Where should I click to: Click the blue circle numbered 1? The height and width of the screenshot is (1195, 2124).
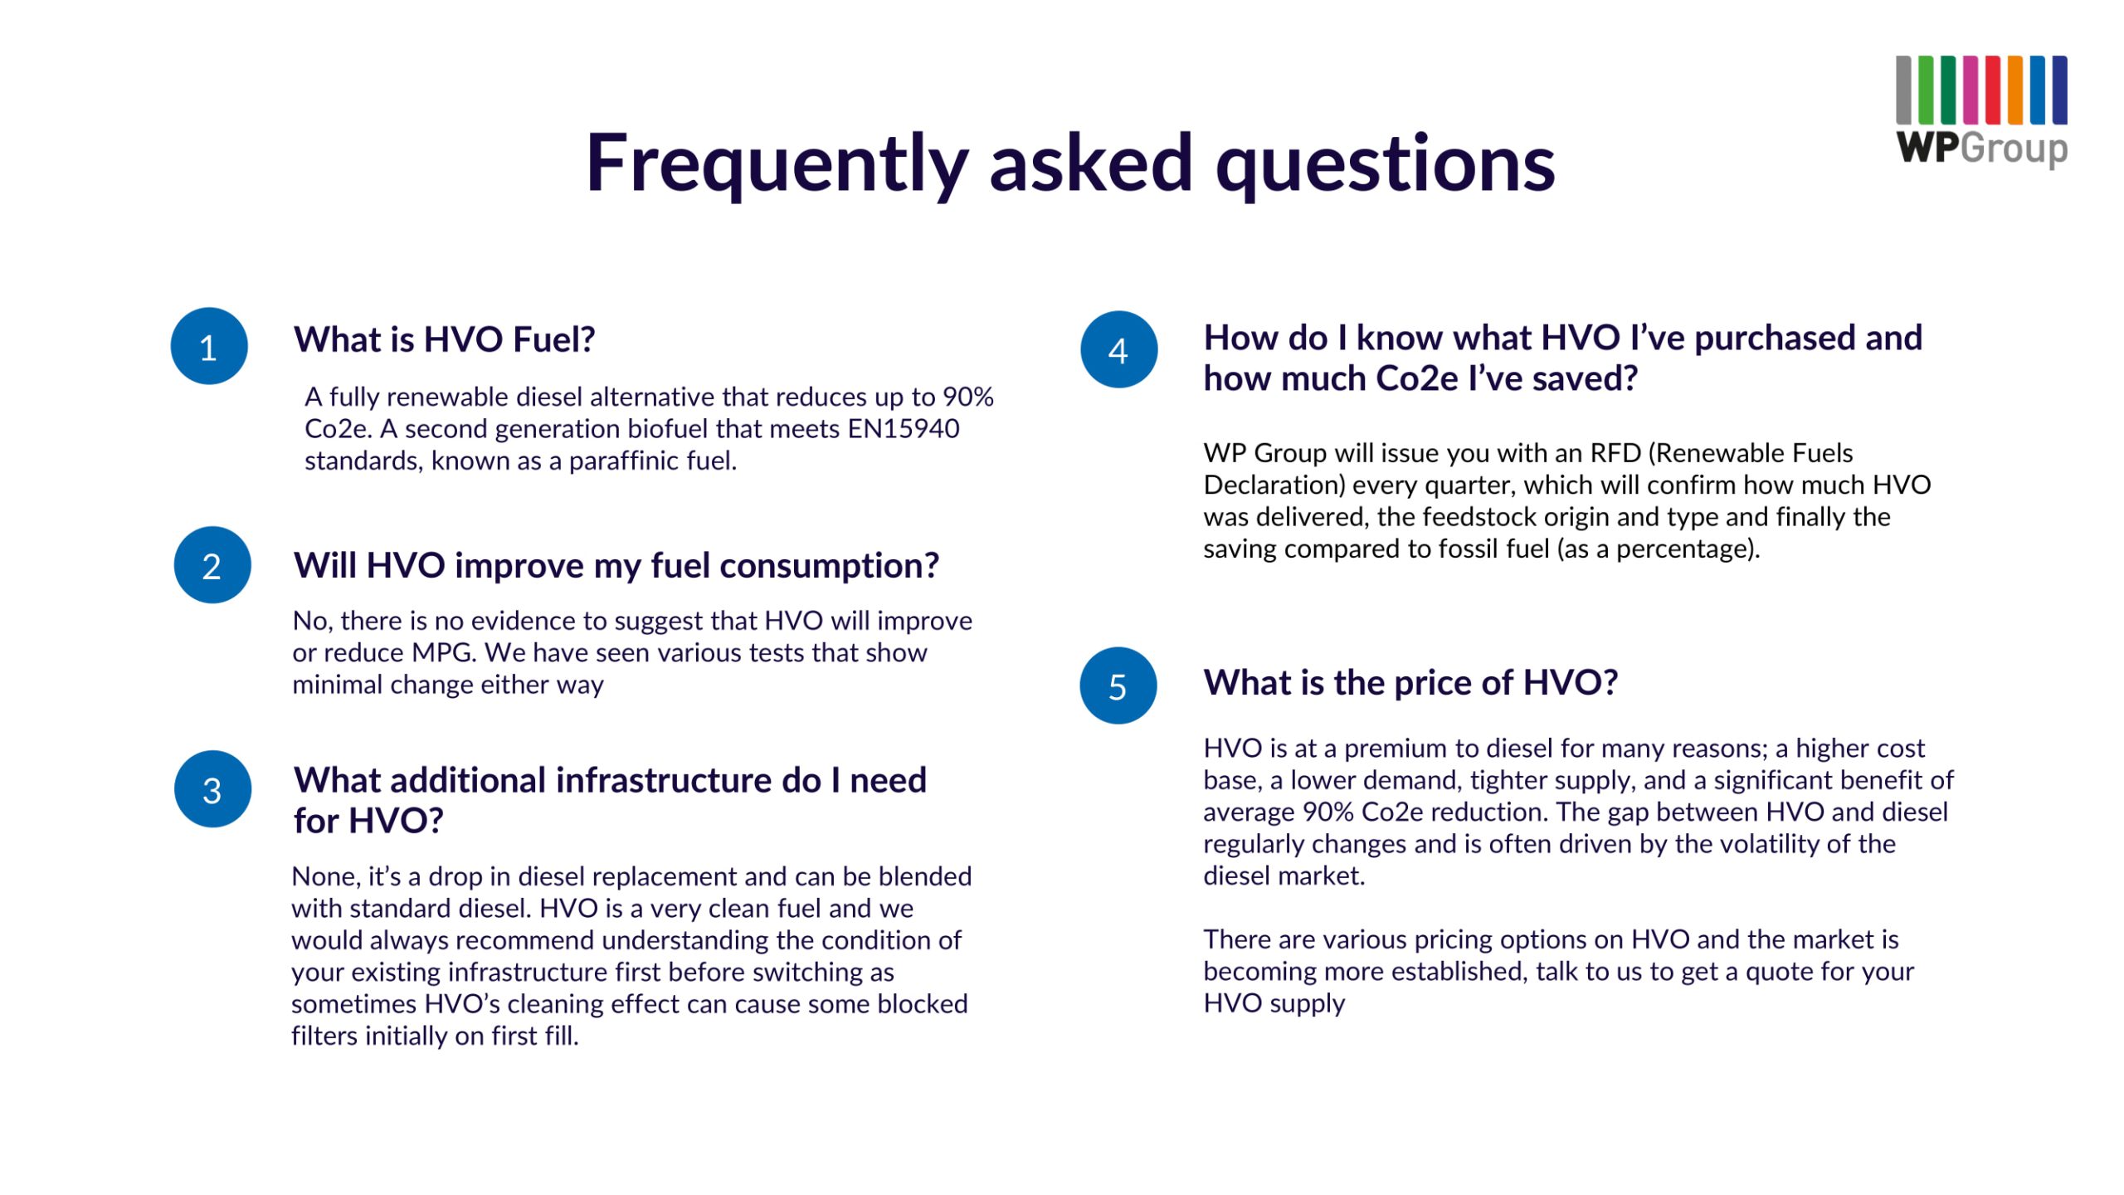(209, 346)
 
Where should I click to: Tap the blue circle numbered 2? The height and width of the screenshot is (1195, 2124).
(212, 565)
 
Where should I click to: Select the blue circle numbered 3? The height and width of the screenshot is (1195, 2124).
(212, 789)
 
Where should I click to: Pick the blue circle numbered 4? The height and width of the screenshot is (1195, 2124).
(1118, 349)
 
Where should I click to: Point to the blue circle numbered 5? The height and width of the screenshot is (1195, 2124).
(1118, 685)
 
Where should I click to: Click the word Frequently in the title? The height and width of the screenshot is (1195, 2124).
(777, 163)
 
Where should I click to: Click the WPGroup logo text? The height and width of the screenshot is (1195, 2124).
(1981, 148)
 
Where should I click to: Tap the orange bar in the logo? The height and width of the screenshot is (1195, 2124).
(2014, 90)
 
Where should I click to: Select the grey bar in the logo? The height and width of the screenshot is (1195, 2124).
(1904, 90)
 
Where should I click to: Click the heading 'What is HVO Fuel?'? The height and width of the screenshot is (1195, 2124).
(444, 339)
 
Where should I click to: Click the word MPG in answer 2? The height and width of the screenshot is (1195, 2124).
(444, 652)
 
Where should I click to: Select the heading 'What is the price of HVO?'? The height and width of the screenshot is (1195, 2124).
(1410, 682)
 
